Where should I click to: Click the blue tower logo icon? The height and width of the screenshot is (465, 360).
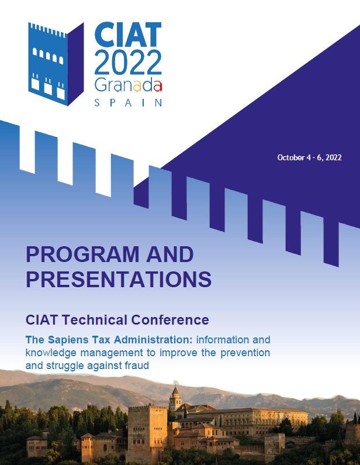(x=56, y=64)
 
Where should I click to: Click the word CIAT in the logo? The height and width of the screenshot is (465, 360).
(x=128, y=35)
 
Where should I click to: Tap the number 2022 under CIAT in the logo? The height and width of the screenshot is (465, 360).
(x=128, y=62)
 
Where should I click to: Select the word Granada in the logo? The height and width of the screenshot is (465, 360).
(x=128, y=86)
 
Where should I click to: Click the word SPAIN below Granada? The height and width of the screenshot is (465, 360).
(x=128, y=102)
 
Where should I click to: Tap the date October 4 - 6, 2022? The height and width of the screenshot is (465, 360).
(x=309, y=157)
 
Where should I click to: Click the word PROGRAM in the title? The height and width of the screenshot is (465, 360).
(x=82, y=254)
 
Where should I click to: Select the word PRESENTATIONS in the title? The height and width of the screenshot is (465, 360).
(x=119, y=279)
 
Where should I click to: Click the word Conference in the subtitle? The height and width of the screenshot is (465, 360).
(x=170, y=320)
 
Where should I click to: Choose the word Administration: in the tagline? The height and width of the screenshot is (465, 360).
(x=153, y=340)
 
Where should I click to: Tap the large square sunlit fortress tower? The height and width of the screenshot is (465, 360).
(x=147, y=432)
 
